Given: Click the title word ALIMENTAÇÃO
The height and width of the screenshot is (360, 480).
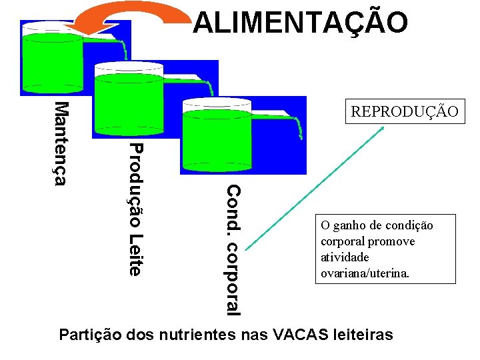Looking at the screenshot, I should [300, 21].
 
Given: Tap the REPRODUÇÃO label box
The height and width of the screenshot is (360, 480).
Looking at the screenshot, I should [405, 111].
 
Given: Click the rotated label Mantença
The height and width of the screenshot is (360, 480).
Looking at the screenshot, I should [61, 143].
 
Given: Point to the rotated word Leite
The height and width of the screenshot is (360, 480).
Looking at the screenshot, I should [135, 253].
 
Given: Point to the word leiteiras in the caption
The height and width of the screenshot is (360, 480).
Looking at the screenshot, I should [364, 334].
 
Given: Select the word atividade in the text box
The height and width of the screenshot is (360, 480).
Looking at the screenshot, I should [345, 257].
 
